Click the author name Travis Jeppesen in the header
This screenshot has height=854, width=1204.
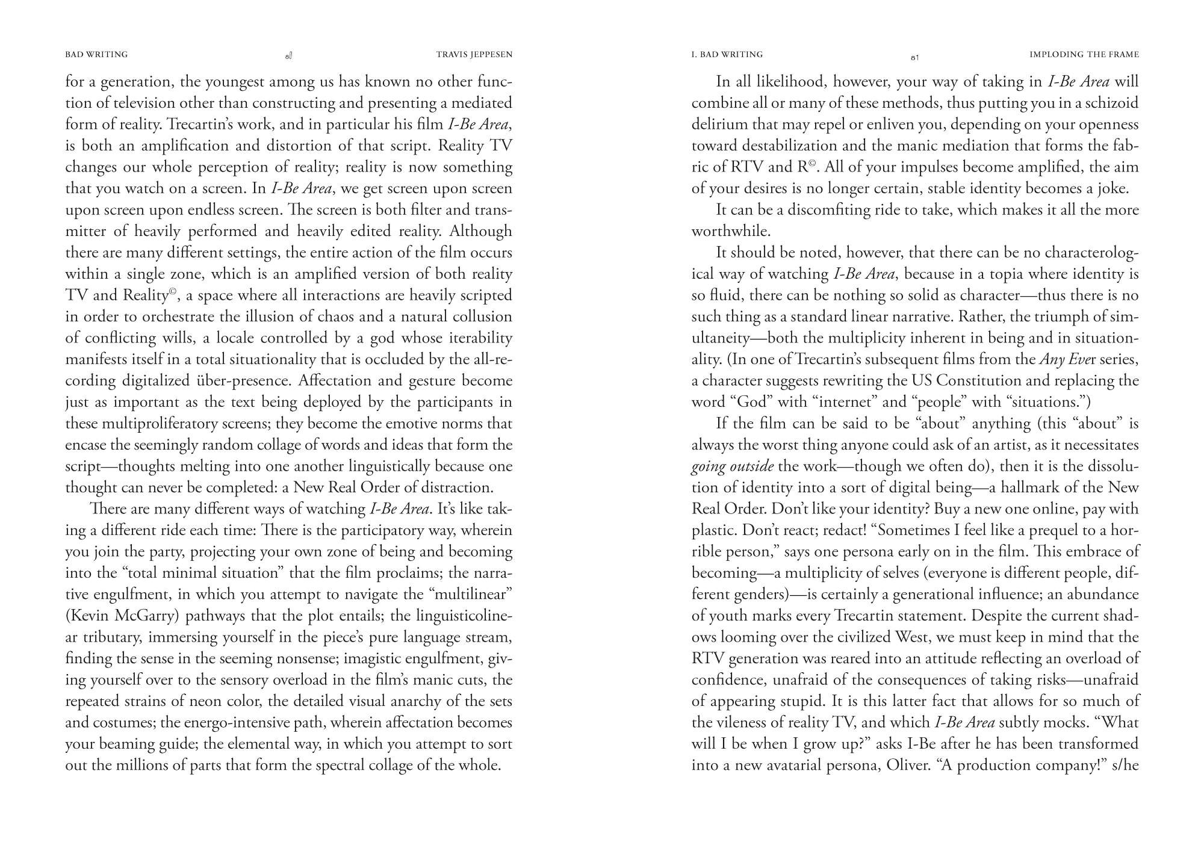(x=474, y=55)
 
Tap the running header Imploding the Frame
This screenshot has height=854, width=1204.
(x=1084, y=55)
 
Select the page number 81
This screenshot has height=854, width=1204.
(x=914, y=58)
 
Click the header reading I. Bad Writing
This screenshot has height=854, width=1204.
(x=727, y=55)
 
